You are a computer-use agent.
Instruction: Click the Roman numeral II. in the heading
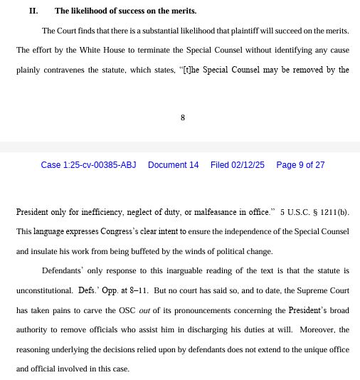(33, 11)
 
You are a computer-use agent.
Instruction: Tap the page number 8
(183, 117)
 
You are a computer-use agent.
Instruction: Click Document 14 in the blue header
(173, 165)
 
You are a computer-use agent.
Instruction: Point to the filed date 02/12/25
(237, 165)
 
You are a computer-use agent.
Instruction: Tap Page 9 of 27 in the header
(300, 165)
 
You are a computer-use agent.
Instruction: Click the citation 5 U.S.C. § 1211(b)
(314, 212)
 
